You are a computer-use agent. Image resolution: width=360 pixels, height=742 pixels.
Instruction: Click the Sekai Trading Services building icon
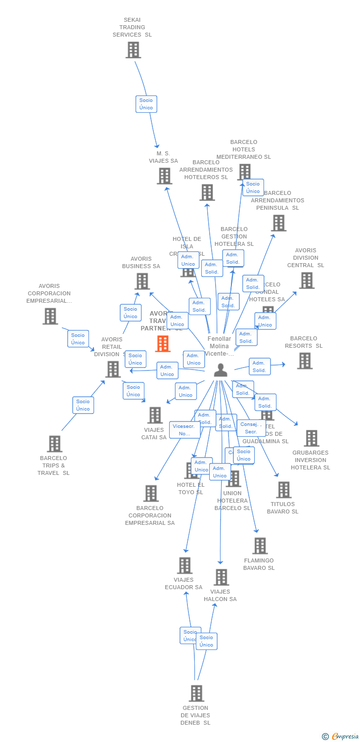133,50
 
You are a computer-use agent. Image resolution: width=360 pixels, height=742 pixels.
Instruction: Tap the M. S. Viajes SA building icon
165,176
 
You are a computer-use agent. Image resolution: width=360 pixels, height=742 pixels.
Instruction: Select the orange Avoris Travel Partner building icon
163,344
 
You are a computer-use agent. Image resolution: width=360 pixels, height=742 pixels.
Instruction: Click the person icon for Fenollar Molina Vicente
221,370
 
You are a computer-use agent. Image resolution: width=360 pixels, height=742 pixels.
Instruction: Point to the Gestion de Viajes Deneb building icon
196,694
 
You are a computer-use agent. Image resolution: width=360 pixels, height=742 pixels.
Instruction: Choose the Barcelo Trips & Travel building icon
54,444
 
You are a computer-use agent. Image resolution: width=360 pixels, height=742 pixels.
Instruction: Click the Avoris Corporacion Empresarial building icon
50,316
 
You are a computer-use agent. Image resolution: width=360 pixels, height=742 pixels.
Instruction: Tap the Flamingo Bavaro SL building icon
260,546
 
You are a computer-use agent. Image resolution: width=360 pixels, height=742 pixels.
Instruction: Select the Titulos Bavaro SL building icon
283,490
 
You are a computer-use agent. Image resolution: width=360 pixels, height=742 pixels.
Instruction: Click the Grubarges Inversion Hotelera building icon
311,438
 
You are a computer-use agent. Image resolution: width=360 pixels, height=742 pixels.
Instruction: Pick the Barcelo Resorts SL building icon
305,361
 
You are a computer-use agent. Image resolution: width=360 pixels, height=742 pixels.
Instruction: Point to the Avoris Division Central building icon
307,280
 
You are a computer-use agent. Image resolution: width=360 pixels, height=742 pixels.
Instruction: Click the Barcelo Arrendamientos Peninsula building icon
278,223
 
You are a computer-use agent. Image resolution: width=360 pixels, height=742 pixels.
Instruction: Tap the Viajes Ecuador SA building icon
184,565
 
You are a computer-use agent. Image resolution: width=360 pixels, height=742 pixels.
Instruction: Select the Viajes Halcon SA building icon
221,577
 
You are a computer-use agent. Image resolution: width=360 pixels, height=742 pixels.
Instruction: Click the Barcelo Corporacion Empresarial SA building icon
151,493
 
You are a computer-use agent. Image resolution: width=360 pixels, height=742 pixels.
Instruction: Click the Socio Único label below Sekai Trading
146,104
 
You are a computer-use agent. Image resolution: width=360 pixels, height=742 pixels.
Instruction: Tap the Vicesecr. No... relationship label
184,430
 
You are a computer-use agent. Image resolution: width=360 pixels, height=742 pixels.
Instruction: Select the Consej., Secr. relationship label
251,428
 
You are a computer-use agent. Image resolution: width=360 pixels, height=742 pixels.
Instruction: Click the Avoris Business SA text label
141,263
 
